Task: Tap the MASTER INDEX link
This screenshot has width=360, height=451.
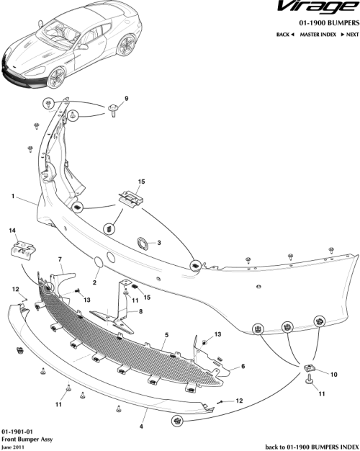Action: click(318, 35)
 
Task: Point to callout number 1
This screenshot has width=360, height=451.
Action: click(13, 195)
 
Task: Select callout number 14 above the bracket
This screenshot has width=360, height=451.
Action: click(12, 231)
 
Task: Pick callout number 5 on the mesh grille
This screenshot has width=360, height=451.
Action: click(166, 335)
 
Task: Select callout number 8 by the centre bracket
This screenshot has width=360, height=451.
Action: click(141, 311)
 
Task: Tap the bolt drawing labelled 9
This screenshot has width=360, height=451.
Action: click(114, 110)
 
